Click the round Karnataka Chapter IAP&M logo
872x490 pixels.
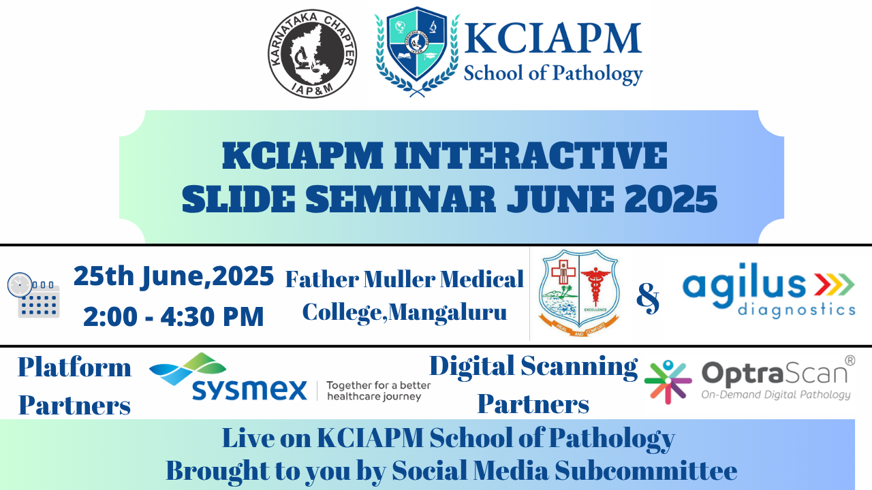coord(312,54)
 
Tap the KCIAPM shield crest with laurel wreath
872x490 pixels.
coord(417,51)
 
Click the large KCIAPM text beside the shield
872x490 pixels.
coord(552,37)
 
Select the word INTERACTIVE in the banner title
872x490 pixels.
coord(531,156)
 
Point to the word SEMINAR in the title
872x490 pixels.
coord(401,199)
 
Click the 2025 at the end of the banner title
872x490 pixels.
coord(671,199)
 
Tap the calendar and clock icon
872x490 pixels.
coord(33,295)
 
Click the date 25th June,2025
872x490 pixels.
coord(174,276)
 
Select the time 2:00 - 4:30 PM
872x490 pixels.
coord(174,316)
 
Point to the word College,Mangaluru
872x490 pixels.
coord(405,312)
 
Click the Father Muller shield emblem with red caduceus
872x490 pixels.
coord(579,293)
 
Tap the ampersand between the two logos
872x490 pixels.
coord(648,298)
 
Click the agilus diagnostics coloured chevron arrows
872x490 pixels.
coord(834,284)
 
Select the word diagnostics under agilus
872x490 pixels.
coord(796,310)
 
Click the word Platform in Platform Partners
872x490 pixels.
coord(74,367)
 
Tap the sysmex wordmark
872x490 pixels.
coord(249,389)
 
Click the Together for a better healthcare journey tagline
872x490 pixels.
coord(379,391)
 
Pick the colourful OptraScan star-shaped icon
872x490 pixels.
coord(668,382)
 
